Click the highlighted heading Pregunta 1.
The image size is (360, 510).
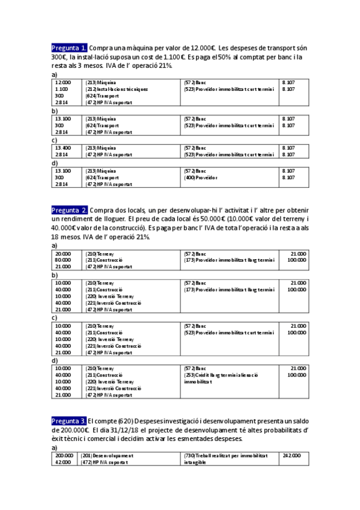click(70, 48)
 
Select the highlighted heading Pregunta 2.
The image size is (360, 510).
click(70, 210)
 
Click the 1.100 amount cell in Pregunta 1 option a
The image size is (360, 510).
click(62, 89)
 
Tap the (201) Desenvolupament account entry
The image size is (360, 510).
click(107, 456)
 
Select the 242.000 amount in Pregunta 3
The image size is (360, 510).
click(291, 456)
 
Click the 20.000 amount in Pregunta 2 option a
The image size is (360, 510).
click(63, 254)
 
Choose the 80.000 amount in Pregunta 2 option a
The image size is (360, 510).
click(63, 260)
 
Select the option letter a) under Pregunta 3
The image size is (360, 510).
click(54, 447)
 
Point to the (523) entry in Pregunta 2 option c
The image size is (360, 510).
click(229, 332)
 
